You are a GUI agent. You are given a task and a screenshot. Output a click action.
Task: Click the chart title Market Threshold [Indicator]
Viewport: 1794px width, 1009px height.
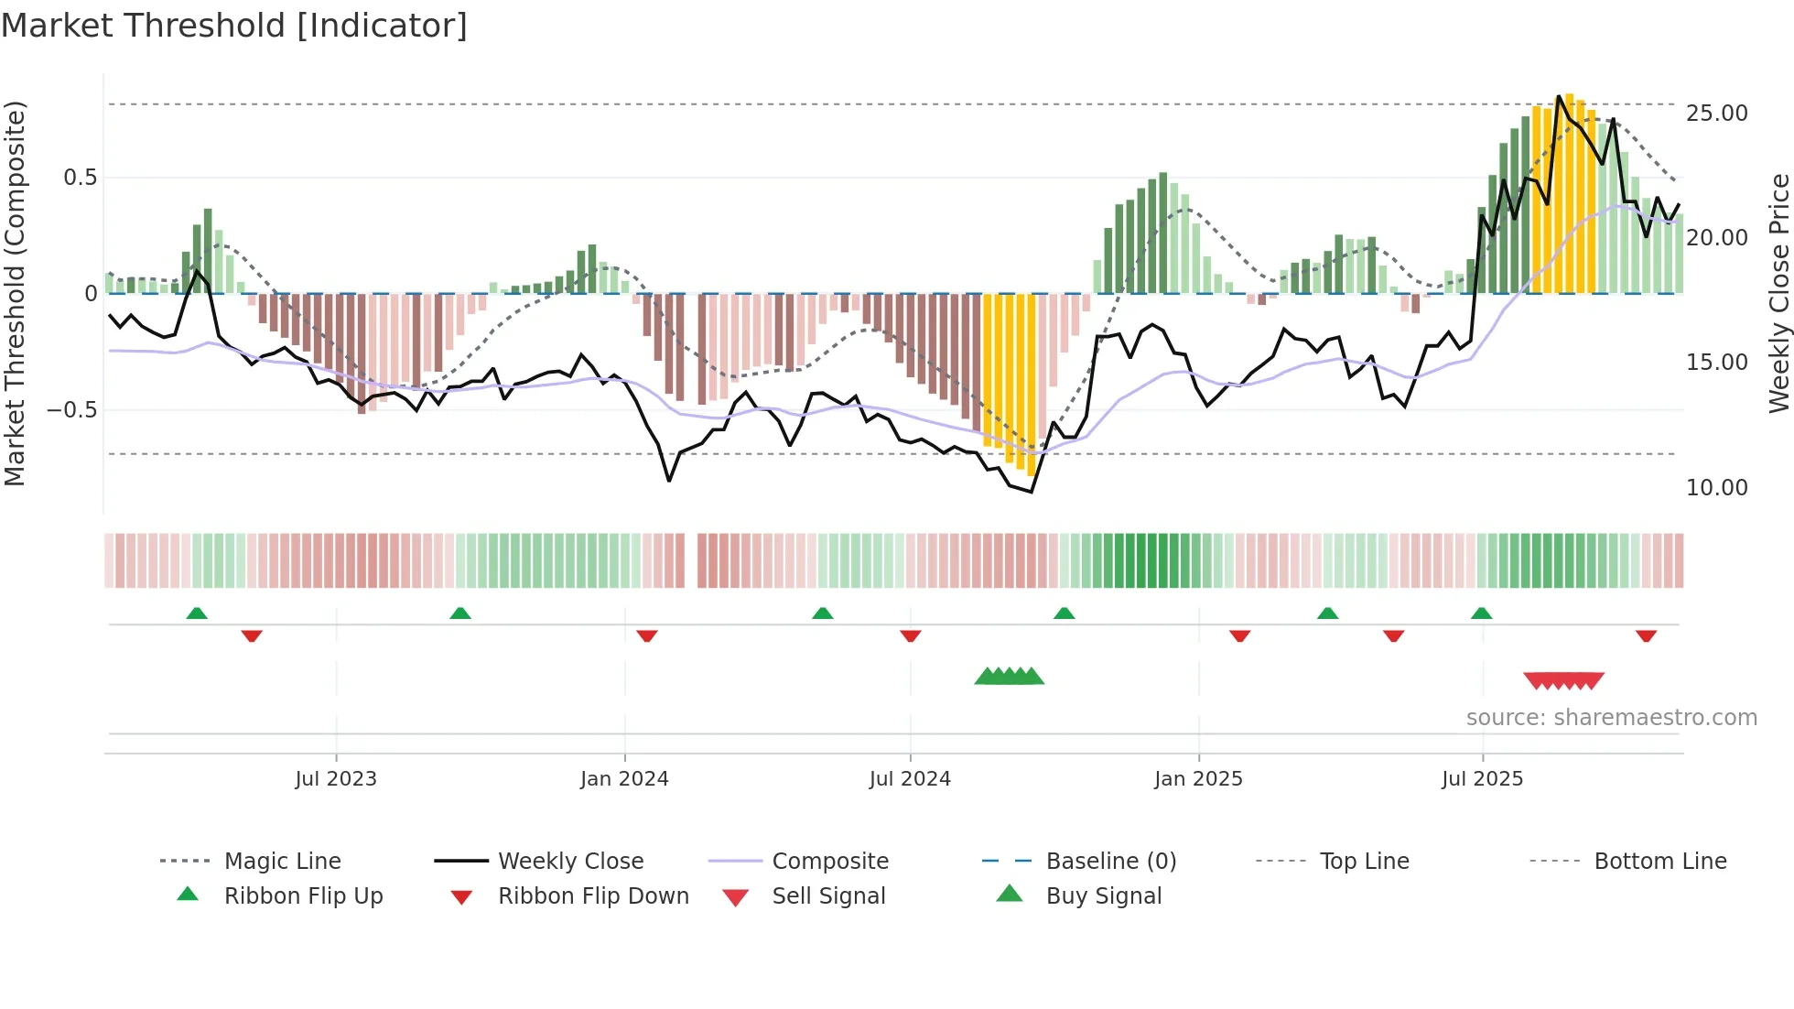pyautogui.click(x=234, y=26)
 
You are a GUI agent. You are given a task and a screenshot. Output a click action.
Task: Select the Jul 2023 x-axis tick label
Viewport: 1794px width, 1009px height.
pyautogui.click(x=336, y=779)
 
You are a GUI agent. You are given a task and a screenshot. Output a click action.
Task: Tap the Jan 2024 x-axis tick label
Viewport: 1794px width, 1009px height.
pyautogui.click(x=624, y=779)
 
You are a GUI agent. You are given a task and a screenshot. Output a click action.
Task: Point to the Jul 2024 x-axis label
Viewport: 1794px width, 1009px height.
pyautogui.click(x=910, y=779)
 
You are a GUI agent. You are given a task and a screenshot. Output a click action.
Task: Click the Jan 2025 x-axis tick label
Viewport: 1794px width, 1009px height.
pyautogui.click(x=1198, y=779)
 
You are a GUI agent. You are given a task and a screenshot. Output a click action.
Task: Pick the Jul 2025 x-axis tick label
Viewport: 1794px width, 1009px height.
pyautogui.click(x=1482, y=779)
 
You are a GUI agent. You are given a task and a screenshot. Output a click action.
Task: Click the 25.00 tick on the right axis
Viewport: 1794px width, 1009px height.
pyautogui.click(x=1716, y=114)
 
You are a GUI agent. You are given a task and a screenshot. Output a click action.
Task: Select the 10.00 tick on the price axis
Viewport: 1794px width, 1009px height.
pyautogui.click(x=1716, y=488)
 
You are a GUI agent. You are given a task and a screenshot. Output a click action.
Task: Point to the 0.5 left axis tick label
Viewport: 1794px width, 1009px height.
pyautogui.click(x=80, y=178)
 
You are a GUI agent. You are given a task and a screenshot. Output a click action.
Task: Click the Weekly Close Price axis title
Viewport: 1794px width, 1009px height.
pyautogui.click(x=1778, y=293)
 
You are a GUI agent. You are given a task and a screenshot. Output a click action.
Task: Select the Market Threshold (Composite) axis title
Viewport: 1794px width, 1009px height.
pyautogui.click(x=15, y=293)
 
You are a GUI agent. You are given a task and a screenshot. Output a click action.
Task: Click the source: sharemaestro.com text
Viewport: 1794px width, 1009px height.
pyautogui.click(x=1611, y=718)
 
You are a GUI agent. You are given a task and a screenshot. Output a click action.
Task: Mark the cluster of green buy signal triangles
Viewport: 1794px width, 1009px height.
pyautogui.click(x=1009, y=677)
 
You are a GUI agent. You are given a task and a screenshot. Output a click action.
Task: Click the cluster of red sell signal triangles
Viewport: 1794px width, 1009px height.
pyautogui.click(x=1563, y=680)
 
